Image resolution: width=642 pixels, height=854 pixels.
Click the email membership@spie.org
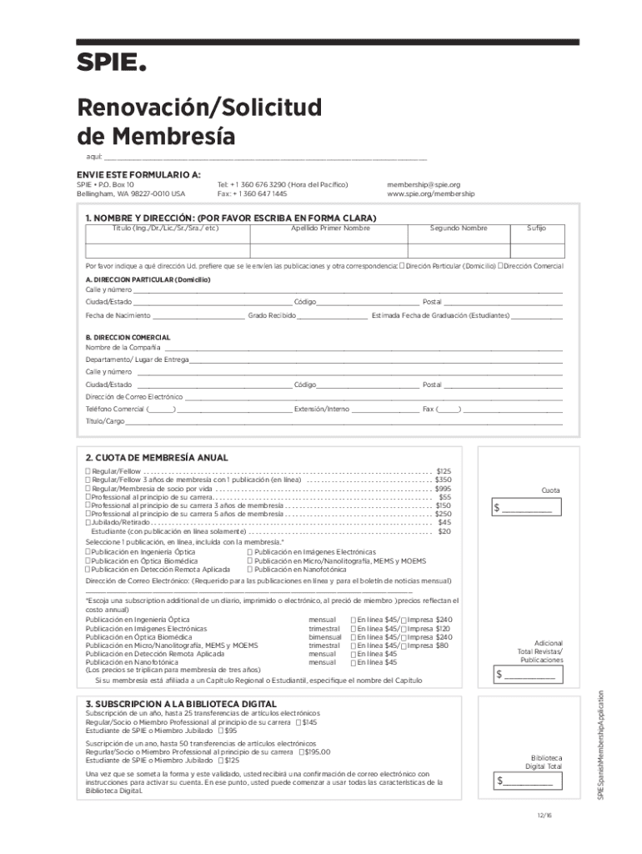424,184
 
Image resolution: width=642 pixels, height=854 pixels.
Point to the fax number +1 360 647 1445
252,193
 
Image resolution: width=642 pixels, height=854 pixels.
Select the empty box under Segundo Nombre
458,249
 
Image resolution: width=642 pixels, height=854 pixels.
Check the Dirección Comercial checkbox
500,266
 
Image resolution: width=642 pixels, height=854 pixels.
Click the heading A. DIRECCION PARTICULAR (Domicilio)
148,279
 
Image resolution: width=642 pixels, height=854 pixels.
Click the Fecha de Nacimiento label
118,316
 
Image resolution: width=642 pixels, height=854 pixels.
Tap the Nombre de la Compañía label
123,347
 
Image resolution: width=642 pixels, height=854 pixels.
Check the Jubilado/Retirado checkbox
88,522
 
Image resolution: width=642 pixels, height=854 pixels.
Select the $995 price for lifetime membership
443,489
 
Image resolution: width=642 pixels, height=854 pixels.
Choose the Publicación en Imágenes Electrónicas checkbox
250,551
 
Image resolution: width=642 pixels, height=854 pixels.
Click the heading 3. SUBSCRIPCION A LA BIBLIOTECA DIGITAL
177,705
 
